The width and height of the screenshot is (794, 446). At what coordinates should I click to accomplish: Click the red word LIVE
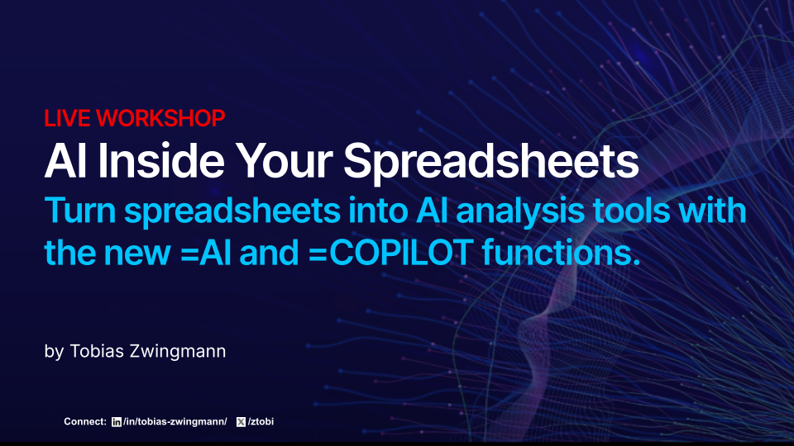point(68,118)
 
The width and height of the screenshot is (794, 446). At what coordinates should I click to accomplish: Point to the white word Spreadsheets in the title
point(490,163)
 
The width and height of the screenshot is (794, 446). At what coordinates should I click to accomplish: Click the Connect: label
point(85,422)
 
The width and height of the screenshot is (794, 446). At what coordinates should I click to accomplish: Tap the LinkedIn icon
point(116,422)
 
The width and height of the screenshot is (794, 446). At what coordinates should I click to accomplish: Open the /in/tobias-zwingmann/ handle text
point(175,422)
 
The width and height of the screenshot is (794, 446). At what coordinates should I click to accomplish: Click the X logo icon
point(241,422)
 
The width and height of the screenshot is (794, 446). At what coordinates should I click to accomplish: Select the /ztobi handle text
point(261,422)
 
